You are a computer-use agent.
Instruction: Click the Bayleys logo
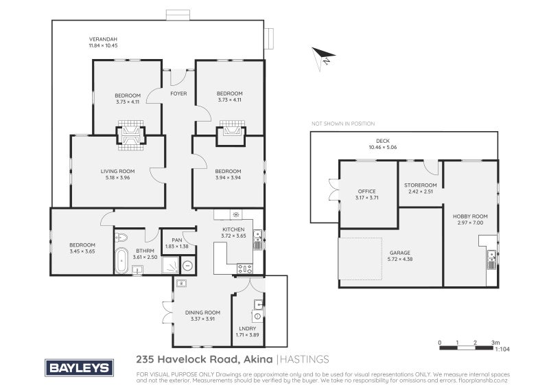(x=79, y=367)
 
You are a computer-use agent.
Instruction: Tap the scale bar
(x=466, y=348)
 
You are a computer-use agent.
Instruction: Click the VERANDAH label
(x=103, y=39)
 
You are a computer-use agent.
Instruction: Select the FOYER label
(x=178, y=93)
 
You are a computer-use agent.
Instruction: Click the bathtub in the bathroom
(x=121, y=260)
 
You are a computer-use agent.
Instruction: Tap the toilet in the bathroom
(x=121, y=238)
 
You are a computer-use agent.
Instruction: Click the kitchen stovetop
(x=245, y=269)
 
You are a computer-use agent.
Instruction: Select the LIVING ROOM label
(x=117, y=172)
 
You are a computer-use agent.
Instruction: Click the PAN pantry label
(x=177, y=240)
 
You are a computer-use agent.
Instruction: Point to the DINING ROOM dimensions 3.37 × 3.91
(x=202, y=319)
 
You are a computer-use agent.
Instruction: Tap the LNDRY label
(x=248, y=328)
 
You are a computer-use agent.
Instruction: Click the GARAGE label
(x=400, y=253)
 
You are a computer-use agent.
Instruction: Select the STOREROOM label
(x=421, y=185)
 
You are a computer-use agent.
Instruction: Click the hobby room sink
(x=492, y=260)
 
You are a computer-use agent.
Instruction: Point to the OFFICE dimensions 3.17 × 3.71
(x=366, y=198)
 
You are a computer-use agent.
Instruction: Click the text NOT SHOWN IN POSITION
(x=343, y=124)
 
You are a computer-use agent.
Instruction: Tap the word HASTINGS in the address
(x=305, y=359)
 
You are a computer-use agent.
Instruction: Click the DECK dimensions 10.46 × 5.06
(x=383, y=147)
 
